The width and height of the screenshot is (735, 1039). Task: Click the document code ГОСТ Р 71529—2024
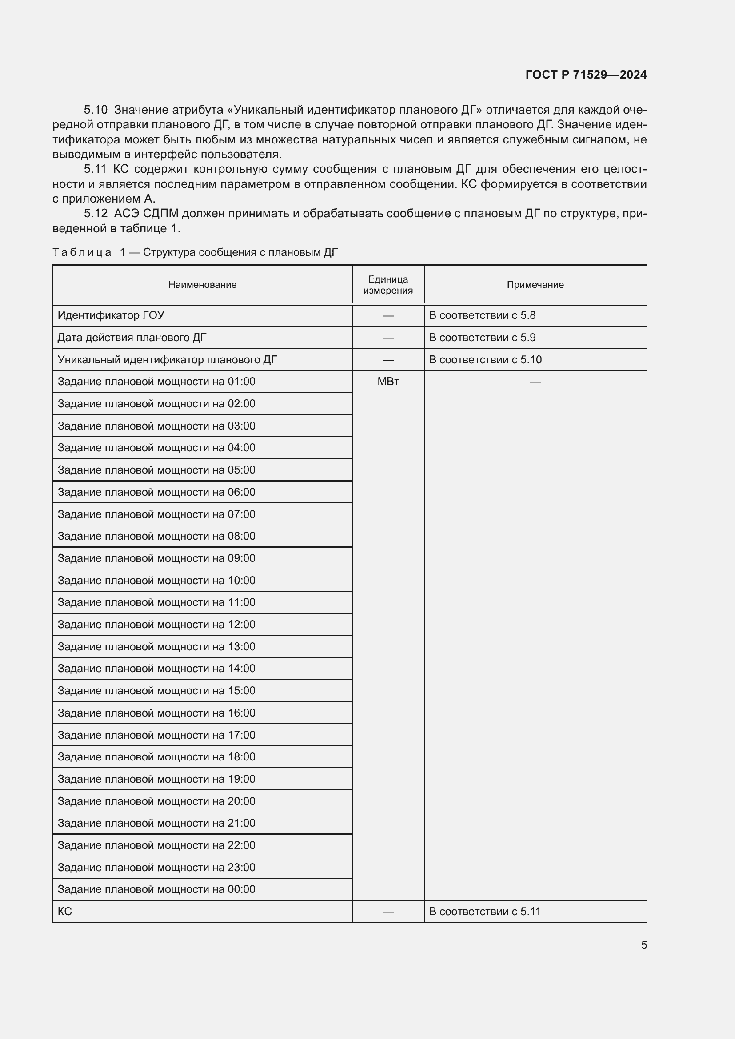[x=586, y=75]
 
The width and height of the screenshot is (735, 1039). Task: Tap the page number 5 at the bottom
[x=643, y=945]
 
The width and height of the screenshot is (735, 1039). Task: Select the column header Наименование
[x=202, y=285]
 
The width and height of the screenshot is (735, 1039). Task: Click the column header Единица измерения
[x=388, y=285]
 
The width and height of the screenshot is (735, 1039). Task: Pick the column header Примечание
[x=535, y=285]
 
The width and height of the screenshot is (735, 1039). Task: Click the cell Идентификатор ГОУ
[x=111, y=315]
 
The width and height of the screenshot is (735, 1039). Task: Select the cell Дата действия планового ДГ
[x=132, y=338]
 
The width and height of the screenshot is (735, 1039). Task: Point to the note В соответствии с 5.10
[x=485, y=360]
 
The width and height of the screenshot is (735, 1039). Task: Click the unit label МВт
[x=388, y=382]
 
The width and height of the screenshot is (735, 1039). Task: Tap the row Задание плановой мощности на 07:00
[x=156, y=514]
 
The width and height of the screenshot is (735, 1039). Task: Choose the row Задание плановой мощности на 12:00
[x=156, y=625]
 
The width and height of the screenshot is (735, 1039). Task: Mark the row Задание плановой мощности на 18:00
[x=156, y=756]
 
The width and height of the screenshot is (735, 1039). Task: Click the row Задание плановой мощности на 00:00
[x=156, y=889]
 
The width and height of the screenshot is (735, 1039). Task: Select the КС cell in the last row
[x=65, y=912]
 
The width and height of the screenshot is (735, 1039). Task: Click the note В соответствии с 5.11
[x=485, y=912]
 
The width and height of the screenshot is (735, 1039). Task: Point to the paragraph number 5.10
[x=96, y=110]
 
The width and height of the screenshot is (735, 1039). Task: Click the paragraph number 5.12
[x=96, y=214]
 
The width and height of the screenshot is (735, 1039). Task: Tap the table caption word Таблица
[x=82, y=252]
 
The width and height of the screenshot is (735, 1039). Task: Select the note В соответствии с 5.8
[x=482, y=315]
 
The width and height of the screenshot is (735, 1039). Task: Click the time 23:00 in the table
[x=241, y=868]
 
